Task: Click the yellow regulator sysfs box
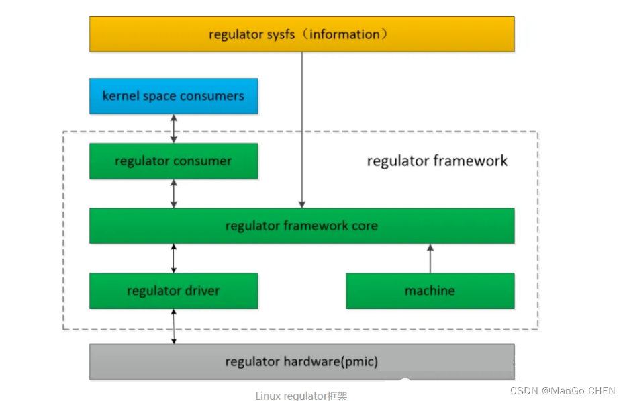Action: tap(301, 34)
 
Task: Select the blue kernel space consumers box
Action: tap(173, 96)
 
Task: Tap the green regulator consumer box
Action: tap(173, 161)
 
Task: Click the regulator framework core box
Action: tap(301, 226)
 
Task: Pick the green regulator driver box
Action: tap(173, 291)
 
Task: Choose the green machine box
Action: tap(430, 291)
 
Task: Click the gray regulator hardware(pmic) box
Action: tap(301, 362)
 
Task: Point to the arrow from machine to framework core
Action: tap(430, 258)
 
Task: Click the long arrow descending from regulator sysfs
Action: tap(301, 128)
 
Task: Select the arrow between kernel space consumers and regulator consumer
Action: tap(174, 128)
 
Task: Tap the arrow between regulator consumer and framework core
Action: tap(174, 193)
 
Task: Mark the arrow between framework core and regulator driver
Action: tap(174, 258)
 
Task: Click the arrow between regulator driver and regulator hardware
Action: tap(174, 326)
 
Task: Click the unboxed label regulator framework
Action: tap(437, 161)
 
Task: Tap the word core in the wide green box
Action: tap(365, 226)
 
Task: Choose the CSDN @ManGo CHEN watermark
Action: tap(562, 391)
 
